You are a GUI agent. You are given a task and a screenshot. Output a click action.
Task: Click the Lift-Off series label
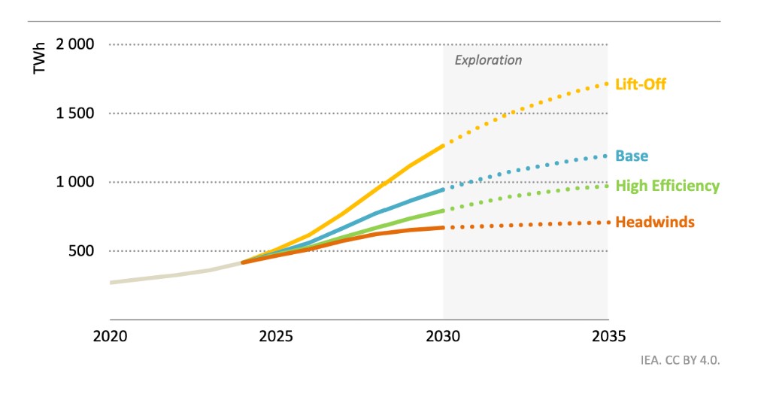point(640,84)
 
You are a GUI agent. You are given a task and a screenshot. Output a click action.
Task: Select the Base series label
point(631,156)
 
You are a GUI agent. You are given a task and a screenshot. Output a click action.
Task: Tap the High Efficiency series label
point(667,186)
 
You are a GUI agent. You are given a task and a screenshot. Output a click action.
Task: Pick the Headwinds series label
point(654,222)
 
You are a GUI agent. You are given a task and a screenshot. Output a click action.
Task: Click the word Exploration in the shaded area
point(488,60)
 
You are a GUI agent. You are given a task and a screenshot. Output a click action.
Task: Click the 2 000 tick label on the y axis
point(74,44)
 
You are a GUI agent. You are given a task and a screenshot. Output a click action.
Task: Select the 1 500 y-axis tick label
point(74,113)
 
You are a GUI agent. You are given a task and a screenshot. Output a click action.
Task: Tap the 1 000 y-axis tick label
point(74,182)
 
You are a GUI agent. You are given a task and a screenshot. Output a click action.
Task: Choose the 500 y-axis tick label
point(82,251)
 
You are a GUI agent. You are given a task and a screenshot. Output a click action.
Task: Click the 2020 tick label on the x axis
point(110,335)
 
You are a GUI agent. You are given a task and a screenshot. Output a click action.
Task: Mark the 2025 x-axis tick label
point(277,335)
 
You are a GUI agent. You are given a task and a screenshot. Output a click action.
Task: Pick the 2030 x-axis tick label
point(443,335)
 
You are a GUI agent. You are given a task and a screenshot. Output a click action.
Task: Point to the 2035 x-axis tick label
point(608,335)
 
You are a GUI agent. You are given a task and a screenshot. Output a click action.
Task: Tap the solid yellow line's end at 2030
point(443,145)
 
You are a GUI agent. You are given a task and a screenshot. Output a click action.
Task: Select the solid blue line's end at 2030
point(443,189)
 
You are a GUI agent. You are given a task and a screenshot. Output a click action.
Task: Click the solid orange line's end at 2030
point(443,227)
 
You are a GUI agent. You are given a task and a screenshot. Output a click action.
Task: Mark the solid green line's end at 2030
point(443,211)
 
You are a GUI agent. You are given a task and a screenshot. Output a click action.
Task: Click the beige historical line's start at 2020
point(111,283)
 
